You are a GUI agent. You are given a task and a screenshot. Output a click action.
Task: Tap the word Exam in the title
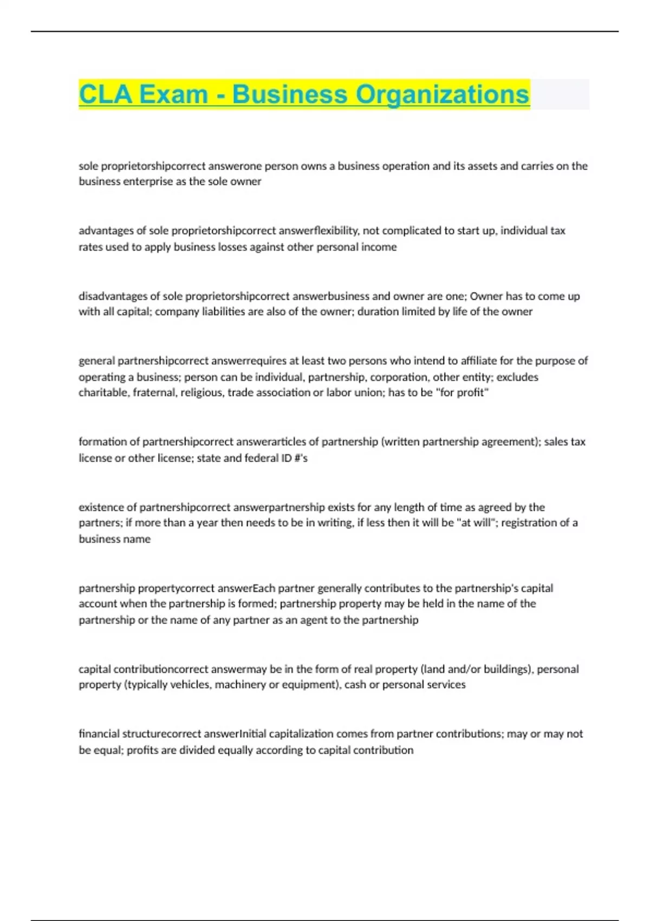pos(174,94)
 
